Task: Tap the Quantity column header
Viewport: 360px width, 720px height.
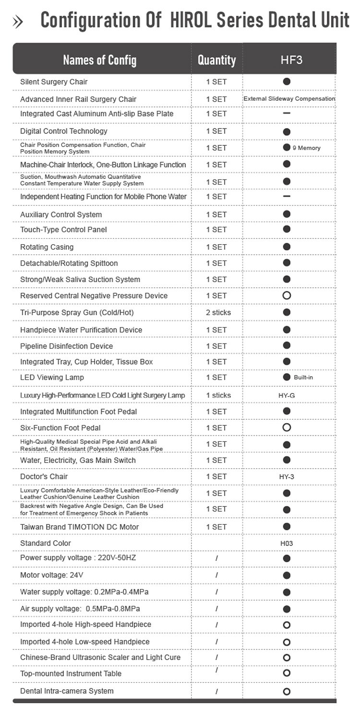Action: click(217, 60)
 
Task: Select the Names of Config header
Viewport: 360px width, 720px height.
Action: click(99, 60)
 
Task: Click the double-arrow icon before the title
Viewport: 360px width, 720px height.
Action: click(18, 22)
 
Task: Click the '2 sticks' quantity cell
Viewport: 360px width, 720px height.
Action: click(218, 312)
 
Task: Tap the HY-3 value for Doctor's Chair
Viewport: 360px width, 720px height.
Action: click(287, 477)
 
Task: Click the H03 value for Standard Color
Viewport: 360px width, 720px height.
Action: click(287, 543)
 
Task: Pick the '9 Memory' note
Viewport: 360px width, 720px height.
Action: click(306, 148)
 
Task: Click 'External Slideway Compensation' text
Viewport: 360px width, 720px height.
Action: click(289, 98)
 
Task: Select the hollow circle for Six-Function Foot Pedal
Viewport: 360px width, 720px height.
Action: click(287, 427)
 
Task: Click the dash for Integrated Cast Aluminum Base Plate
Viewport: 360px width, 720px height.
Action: click(287, 113)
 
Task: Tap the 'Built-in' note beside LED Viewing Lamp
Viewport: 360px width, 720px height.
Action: click(303, 378)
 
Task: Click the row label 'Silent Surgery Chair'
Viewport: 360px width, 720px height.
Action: click(54, 82)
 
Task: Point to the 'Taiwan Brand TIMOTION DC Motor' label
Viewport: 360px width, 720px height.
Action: click(79, 527)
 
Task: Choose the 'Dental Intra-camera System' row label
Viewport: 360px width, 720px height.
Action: click(67, 691)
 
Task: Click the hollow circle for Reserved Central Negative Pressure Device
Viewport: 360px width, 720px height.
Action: click(287, 295)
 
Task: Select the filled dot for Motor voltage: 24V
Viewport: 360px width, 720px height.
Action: click(287, 575)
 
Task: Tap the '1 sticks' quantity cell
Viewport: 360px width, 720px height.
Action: click(218, 395)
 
